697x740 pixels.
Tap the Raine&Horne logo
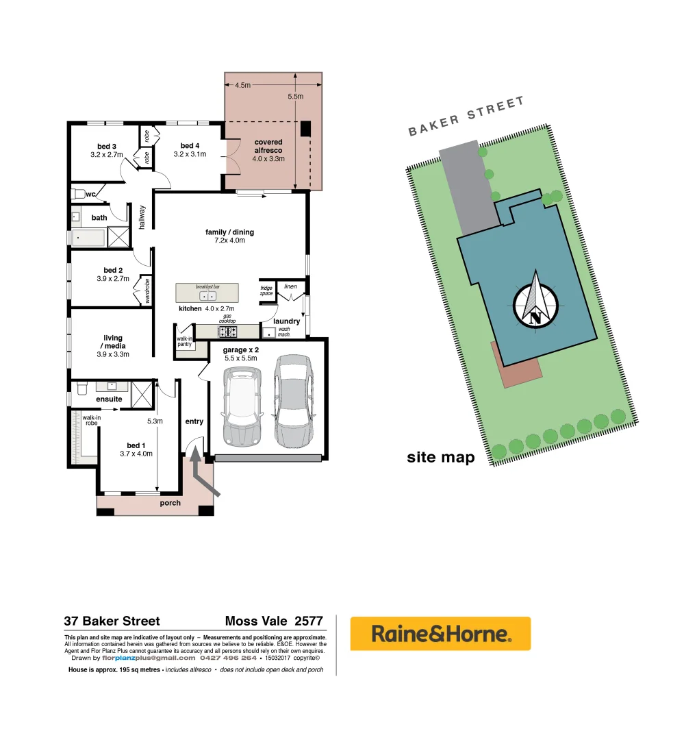point(440,634)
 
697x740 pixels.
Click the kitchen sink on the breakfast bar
point(207,296)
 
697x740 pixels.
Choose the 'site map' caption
point(440,458)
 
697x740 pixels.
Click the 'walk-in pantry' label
point(184,341)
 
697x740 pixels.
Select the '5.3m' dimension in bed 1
point(155,421)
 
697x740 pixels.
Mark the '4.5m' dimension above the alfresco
point(242,86)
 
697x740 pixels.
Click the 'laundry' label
point(286,321)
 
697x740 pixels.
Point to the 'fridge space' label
point(266,291)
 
